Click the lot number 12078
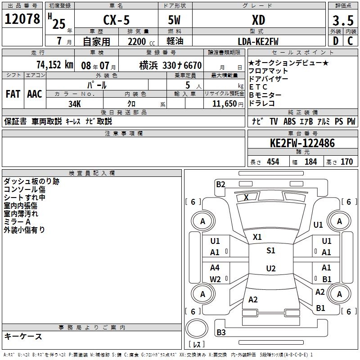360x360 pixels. pos(22,19)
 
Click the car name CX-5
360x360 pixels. pos(117,20)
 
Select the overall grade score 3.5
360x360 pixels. pos(343,20)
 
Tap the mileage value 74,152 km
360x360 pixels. pos(55,65)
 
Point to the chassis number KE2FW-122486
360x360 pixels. pos(302,143)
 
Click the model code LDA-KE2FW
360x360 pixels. pos(258,41)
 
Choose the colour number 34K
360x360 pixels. pos(75,104)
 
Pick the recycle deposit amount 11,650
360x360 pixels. pos(225,104)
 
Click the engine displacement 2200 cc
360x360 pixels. pos(141,41)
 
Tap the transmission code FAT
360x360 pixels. pos(13,94)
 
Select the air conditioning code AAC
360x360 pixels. pos(35,94)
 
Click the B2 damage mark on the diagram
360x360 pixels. pos(220,184)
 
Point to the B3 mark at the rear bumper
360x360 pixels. pos(221,332)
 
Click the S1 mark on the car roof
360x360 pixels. pos(271,251)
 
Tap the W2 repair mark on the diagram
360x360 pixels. pos(215,279)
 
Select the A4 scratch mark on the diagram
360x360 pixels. pos(215,267)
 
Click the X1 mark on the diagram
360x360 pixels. pos(257,237)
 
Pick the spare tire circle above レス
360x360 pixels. pos(197,328)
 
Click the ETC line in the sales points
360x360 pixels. pos(258,87)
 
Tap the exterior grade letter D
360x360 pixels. pos(336,41)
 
